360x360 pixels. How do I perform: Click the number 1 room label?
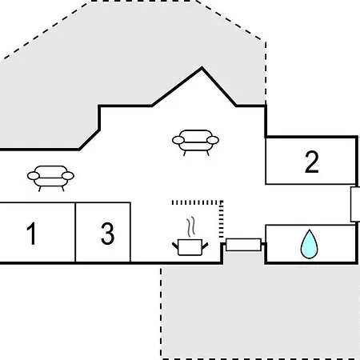[31, 234]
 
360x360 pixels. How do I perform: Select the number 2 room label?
[311, 162]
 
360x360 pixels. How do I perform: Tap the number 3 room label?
[107, 234]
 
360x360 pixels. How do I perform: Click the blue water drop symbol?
[309, 244]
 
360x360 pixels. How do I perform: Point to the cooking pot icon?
[190, 247]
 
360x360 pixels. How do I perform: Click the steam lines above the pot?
[190, 226]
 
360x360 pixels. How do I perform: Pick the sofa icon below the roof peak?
[195, 142]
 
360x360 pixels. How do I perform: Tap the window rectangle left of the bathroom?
[243, 245]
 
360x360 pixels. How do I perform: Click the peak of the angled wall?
[202, 68]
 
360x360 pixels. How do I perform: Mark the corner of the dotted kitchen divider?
[221, 202]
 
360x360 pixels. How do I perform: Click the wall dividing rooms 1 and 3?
[75, 232]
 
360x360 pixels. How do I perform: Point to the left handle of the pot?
[175, 246]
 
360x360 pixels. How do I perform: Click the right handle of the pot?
[205, 246]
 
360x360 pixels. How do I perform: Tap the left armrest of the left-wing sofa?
[34, 176]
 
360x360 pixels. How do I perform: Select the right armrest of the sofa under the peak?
[213, 140]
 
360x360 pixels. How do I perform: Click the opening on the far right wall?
[355, 204]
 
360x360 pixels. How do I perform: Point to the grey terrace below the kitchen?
[260, 312]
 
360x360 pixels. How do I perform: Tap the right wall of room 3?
[130, 232]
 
